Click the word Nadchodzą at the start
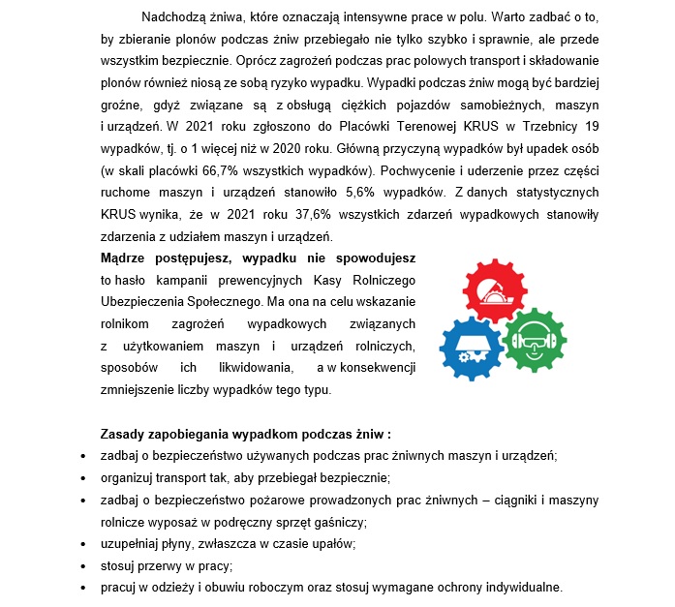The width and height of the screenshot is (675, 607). click(172, 17)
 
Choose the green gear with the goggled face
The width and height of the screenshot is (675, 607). click(536, 340)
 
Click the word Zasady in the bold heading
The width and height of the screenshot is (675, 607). click(123, 434)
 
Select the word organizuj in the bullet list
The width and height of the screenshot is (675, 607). click(130, 478)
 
